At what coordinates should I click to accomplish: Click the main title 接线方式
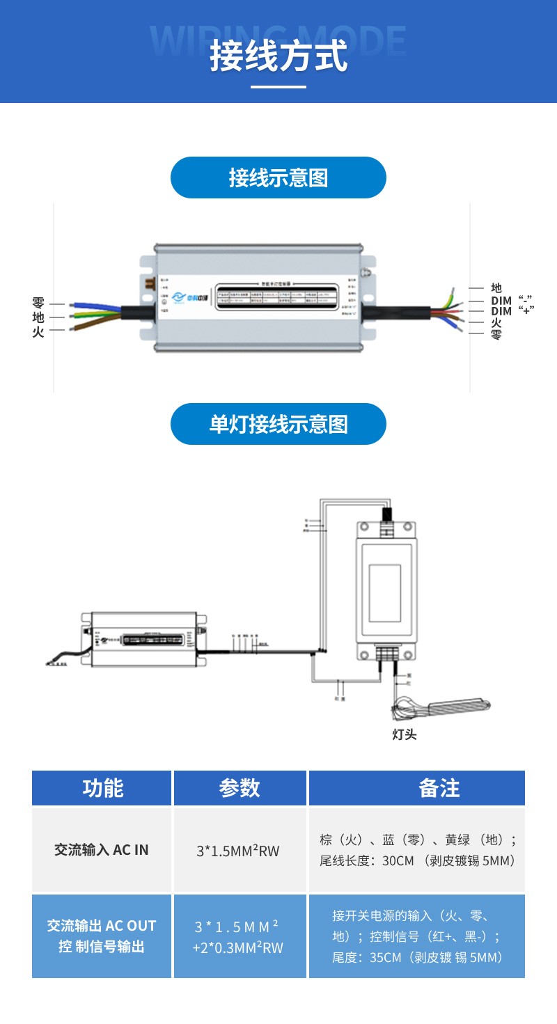coord(278,56)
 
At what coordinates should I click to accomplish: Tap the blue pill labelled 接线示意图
coord(278,178)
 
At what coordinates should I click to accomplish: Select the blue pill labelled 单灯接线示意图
coord(278,424)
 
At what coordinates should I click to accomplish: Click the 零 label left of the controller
coord(38,303)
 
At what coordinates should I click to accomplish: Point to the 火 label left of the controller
coord(38,332)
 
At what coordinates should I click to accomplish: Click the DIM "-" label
coord(512,300)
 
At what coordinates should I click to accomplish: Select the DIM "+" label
coord(512,311)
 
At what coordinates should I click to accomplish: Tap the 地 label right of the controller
coord(496,287)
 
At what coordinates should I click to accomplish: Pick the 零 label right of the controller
coord(496,335)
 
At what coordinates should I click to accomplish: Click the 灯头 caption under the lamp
coord(405,734)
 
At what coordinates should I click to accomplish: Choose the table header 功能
coord(102,788)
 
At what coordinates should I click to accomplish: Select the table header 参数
coord(240,788)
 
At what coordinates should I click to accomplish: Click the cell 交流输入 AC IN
coord(102,850)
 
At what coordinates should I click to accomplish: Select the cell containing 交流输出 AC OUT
coord(102,936)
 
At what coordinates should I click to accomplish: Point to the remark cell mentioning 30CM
coord(417,850)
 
